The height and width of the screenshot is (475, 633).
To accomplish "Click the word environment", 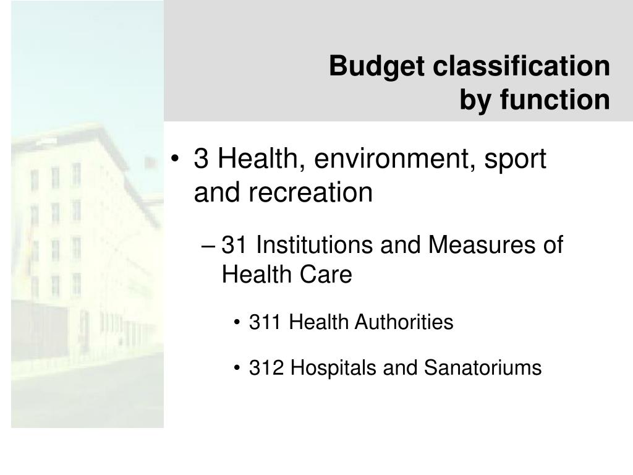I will tap(389, 160).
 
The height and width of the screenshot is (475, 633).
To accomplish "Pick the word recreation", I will tap(311, 193).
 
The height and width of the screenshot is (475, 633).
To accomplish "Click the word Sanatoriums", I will tap(483, 368).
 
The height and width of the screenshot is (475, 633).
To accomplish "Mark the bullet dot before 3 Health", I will tap(177, 161).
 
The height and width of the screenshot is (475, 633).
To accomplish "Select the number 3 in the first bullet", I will tap(200, 160).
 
